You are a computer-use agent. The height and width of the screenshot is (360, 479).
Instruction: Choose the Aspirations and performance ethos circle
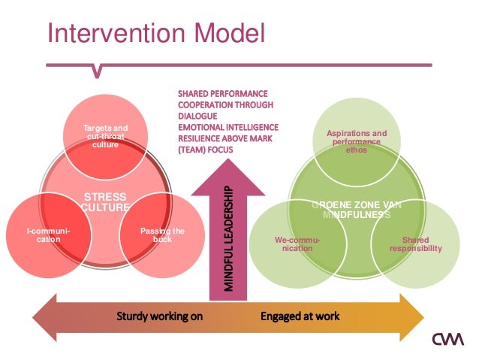pos(357,141)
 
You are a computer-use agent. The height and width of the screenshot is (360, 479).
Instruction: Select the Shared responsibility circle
pos(414,243)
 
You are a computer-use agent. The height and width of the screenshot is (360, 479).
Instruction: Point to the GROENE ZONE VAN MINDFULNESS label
pos(357,210)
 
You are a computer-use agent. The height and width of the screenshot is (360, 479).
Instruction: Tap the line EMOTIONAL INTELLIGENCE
pos(228,127)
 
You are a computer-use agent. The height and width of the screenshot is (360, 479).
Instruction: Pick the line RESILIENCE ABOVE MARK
pos(225,138)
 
